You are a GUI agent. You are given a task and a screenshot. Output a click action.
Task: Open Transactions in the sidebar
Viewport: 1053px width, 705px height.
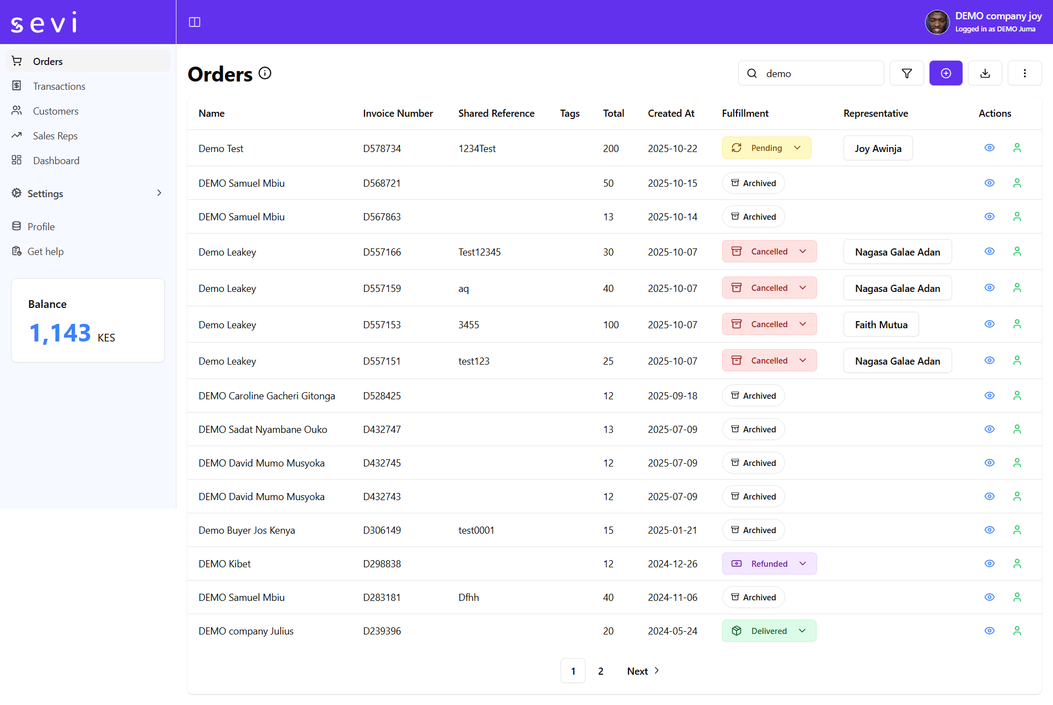point(58,86)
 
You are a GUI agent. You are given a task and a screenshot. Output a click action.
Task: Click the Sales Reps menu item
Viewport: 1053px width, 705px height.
point(55,136)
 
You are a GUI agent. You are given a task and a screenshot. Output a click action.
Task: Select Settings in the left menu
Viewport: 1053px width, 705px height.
point(45,193)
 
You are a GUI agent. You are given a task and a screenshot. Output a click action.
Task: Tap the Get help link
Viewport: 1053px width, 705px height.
point(45,252)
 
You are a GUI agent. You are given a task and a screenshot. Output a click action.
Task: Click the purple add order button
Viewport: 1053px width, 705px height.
point(945,73)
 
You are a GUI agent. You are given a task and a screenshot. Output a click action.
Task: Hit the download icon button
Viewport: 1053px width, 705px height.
point(985,73)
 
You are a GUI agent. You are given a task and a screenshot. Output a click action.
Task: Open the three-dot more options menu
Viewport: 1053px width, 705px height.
point(1024,73)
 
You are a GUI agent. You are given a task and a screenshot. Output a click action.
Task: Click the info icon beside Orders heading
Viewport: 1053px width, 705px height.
point(265,73)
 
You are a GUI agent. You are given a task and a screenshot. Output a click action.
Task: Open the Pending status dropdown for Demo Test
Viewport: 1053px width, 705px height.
point(766,148)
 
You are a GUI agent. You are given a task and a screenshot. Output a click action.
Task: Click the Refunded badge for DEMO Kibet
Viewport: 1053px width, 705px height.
point(769,564)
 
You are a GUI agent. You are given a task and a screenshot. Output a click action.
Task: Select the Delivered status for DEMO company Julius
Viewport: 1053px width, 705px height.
point(769,631)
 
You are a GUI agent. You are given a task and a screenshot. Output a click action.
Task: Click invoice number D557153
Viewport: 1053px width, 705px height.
point(382,325)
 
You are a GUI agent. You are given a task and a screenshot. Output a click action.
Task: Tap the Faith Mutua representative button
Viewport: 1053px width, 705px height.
point(880,325)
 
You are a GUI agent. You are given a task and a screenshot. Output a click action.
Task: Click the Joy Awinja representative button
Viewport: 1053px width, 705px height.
point(878,149)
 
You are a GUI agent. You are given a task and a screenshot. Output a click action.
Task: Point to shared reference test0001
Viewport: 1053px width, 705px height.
point(476,530)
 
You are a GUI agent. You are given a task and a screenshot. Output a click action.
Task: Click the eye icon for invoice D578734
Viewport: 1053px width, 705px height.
point(990,148)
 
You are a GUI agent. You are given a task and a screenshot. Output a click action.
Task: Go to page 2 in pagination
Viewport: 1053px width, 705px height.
point(600,671)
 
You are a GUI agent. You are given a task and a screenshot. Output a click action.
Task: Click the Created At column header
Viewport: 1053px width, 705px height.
point(671,113)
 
